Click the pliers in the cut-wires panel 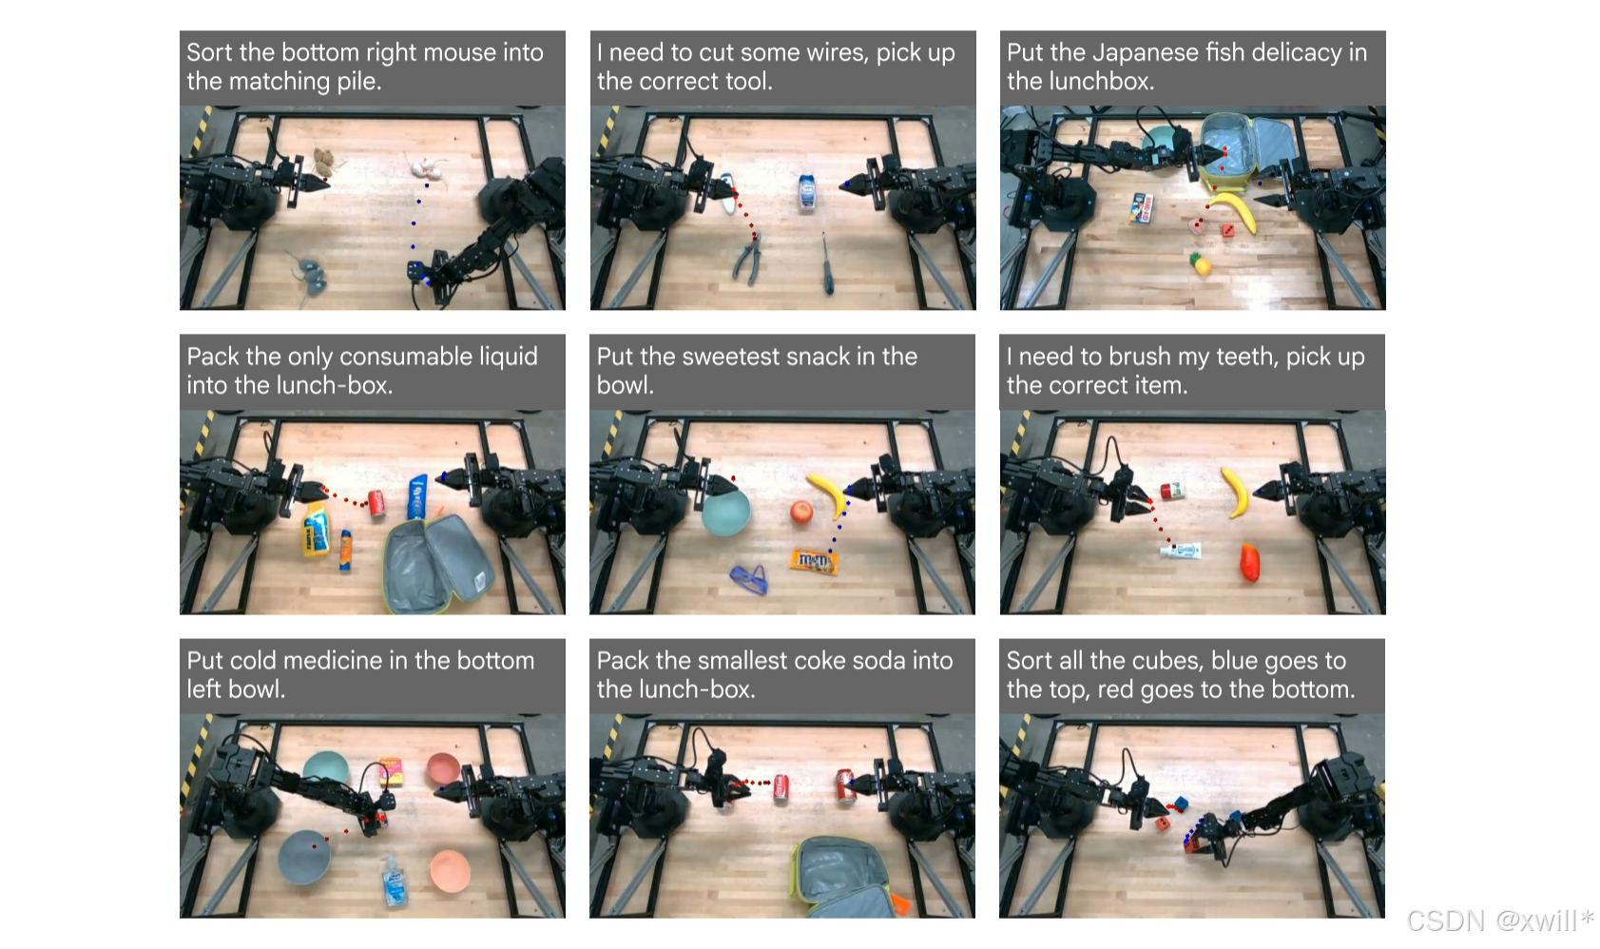pos(747,258)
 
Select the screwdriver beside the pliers pos(826,263)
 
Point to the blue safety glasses pos(749,579)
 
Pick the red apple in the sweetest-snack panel pos(801,512)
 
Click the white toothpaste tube pos(1180,551)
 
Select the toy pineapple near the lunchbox pos(1201,264)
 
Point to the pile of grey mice pos(309,275)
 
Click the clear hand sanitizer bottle pos(394,881)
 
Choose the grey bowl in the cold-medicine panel pos(304,857)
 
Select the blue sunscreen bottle pos(418,496)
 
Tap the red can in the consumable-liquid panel pos(376,502)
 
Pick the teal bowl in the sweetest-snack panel pos(726,512)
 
